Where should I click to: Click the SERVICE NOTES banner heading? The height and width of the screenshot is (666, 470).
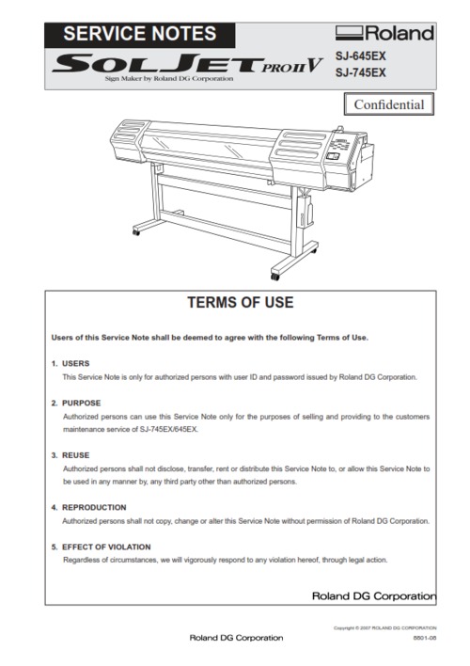pyautogui.click(x=139, y=34)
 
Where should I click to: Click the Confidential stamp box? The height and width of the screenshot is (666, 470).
pyautogui.click(x=388, y=104)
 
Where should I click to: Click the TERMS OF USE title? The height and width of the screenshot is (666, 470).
pyautogui.click(x=241, y=303)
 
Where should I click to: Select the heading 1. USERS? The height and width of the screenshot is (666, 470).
pyautogui.click(x=70, y=363)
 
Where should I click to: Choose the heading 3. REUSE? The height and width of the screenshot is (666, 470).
pyautogui.click(x=71, y=455)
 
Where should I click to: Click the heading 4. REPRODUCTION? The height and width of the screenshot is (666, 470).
pyautogui.click(x=86, y=507)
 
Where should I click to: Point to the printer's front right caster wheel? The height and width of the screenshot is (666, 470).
pyautogui.click(x=275, y=277)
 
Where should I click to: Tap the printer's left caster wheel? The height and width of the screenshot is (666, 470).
pyautogui.click(x=135, y=231)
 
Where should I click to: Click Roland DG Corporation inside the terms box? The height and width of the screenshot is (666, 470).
pyautogui.click(x=373, y=596)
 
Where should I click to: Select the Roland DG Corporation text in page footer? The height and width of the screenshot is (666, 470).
pyautogui.click(x=236, y=638)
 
